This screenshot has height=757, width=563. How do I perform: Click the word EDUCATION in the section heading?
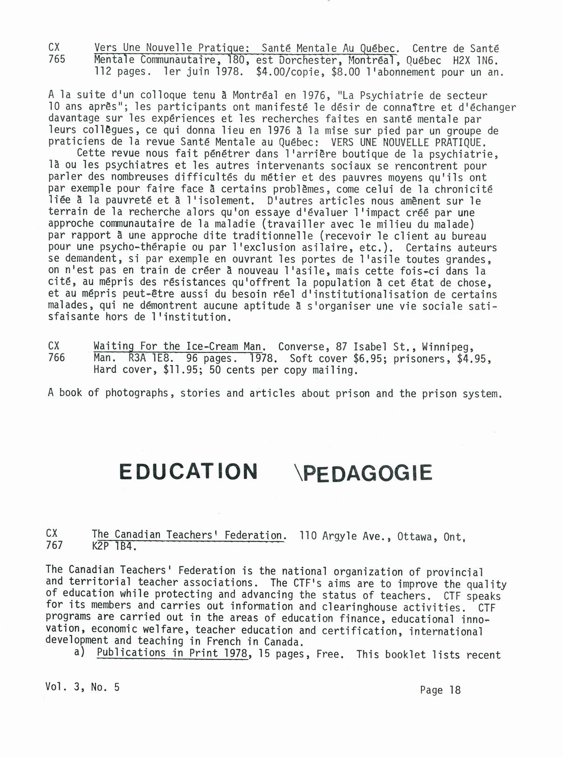coord(188,472)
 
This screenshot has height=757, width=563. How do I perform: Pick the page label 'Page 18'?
coord(440,690)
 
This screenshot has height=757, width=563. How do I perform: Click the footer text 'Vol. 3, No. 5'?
coord(82,687)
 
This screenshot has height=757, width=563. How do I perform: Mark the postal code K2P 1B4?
coord(114,547)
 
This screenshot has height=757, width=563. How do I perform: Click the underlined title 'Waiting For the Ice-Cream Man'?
coord(179,347)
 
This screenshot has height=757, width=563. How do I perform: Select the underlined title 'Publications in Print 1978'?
coord(172,653)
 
